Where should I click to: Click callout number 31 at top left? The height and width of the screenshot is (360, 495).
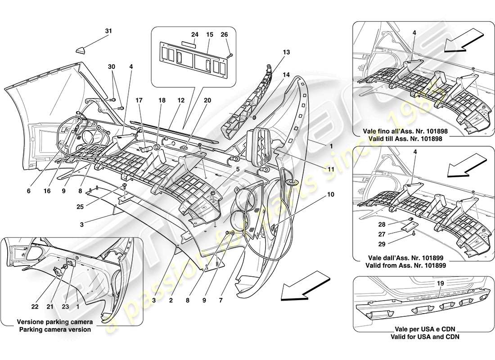tap(108, 31)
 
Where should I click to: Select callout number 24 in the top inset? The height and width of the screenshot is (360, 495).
tap(194, 34)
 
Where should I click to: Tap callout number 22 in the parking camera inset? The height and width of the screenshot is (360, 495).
tap(35, 307)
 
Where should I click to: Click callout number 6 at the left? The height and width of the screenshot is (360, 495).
tap(28, 191)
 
